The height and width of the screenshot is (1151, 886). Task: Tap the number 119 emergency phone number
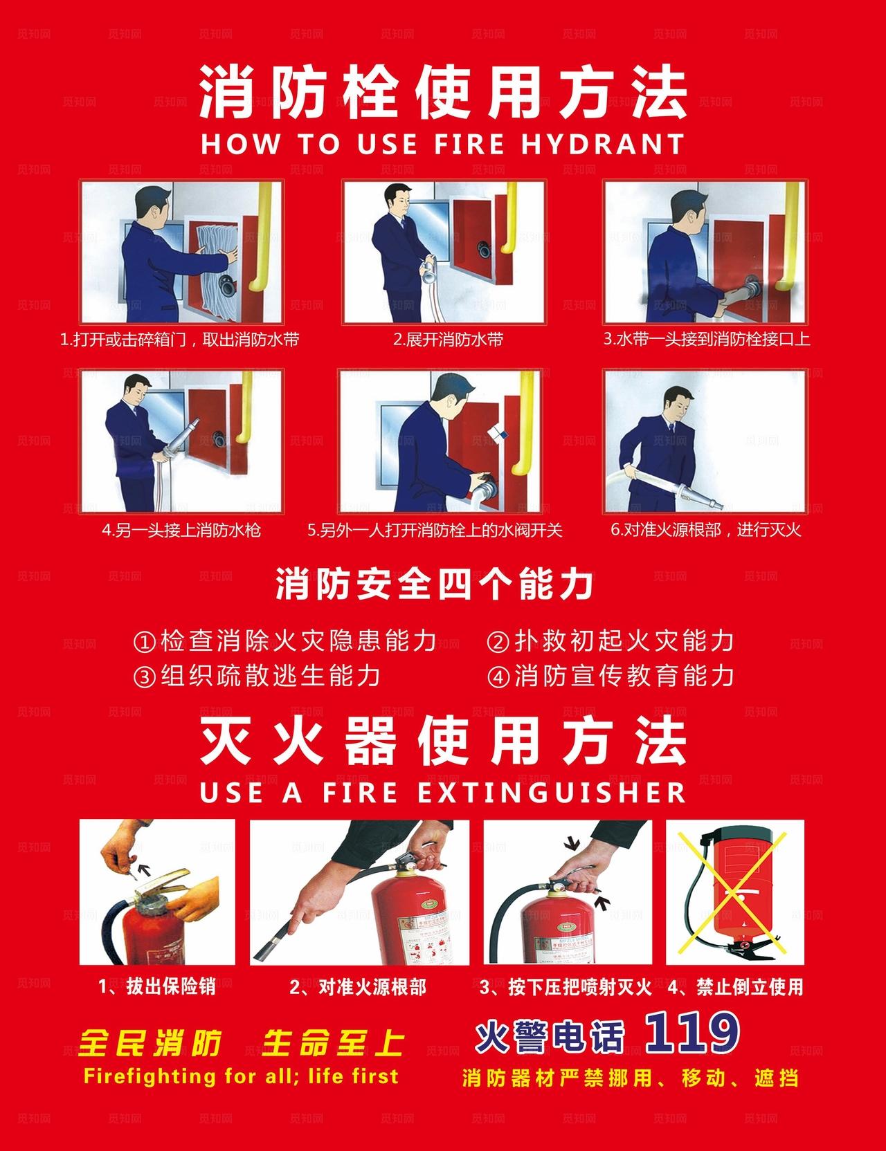click(692, 1032)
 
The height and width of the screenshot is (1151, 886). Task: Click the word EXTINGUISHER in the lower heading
click(552, 793)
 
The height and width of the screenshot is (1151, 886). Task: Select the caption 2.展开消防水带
click(449, 340)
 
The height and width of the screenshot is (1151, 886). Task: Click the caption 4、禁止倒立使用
click(735, 987)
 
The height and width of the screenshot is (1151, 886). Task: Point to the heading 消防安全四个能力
click(435, 584)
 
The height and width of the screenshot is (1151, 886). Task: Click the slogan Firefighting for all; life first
click(240, 1076)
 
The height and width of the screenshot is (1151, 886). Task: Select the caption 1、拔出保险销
click(157, 987)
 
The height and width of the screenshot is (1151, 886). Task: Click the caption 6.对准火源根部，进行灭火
click(705, 531)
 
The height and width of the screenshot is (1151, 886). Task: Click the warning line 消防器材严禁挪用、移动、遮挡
click(630, 1078)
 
